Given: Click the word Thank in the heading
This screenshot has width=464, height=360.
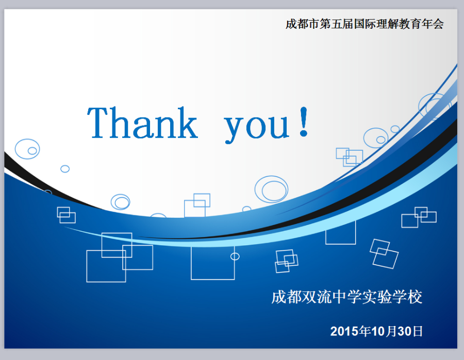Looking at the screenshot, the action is pos(142,123).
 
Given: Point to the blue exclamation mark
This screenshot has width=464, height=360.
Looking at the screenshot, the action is pos(304,122).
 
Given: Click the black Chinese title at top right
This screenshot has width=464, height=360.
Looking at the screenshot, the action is pos(364,24).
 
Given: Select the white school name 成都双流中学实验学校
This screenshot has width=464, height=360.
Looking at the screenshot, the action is pos(347,297).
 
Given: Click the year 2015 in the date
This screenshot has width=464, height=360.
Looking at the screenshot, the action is pos(344,331).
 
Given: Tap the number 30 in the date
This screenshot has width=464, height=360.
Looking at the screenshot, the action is pos(404,331).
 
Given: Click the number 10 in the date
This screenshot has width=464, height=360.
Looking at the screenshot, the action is pos(378,331).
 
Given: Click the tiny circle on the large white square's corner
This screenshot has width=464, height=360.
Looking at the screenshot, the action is pos(235,253).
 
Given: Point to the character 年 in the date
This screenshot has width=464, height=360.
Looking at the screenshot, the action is pos(365,331).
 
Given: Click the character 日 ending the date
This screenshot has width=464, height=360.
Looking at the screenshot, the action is pos(418,331).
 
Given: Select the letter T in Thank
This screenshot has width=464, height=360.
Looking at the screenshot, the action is pos(97,123).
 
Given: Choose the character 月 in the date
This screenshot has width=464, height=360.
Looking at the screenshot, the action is pos(391,331).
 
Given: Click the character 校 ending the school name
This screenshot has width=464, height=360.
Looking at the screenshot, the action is pos(415,297).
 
